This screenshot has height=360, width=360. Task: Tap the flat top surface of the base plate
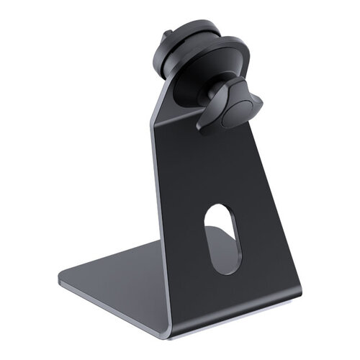122,277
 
